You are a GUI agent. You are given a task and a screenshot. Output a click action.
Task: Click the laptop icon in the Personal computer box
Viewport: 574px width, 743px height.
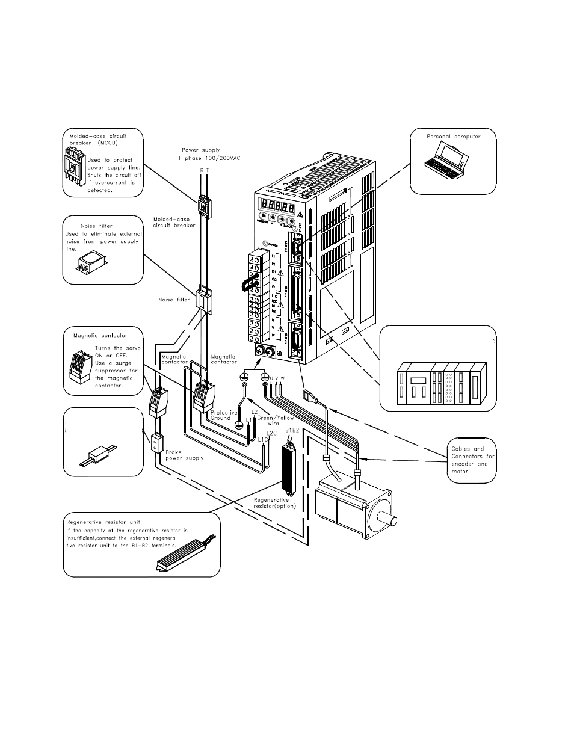(x=446, y=162)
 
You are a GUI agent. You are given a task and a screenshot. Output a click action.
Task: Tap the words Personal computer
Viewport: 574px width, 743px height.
(x=454, y=137)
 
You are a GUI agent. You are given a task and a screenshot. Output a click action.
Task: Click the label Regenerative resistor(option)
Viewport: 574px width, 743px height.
(x=274, y=502)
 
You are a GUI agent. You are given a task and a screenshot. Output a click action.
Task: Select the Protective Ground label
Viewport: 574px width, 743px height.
(x=224, y=415)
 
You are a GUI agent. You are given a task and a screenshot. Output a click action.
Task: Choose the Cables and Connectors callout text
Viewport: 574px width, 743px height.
(x=472, y=460)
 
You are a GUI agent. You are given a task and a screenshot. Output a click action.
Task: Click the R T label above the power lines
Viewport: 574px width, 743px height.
(x=204, y=171)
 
